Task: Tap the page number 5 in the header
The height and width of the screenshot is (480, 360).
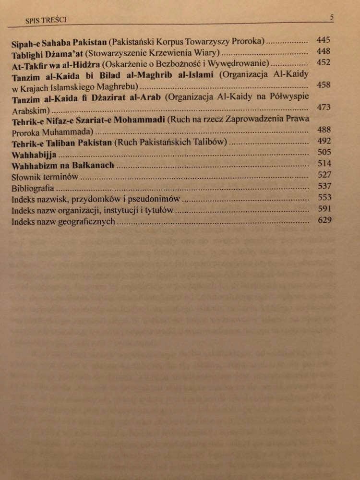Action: (332, 18)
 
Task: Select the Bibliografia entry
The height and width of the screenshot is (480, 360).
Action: (33, 189)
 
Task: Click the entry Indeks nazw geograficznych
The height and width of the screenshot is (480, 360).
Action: (64, 222)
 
